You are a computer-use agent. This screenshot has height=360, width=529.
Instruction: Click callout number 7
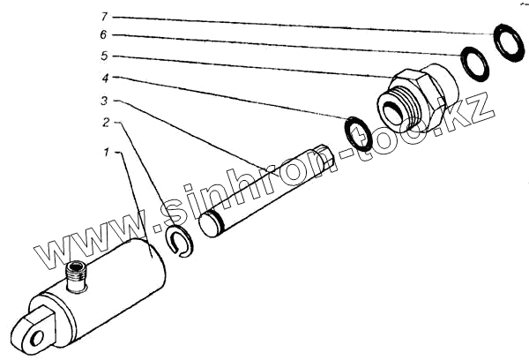104,16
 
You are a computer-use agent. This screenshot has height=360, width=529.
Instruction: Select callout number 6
104,35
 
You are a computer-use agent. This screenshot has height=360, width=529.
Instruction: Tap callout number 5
104,56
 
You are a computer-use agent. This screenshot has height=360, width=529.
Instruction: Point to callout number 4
104,78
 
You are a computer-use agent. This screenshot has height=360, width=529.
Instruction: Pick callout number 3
106,101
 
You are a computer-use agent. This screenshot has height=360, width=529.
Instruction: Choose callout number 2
108,124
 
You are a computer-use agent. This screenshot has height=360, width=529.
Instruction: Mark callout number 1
107,152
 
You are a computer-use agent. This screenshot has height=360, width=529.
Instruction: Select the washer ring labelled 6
474,64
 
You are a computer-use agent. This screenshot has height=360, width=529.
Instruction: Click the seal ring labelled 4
358,133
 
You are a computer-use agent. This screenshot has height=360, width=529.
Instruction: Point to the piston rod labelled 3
264,191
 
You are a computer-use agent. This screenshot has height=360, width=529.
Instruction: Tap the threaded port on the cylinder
78,276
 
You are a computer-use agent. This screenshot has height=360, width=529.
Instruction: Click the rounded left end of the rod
209,224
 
